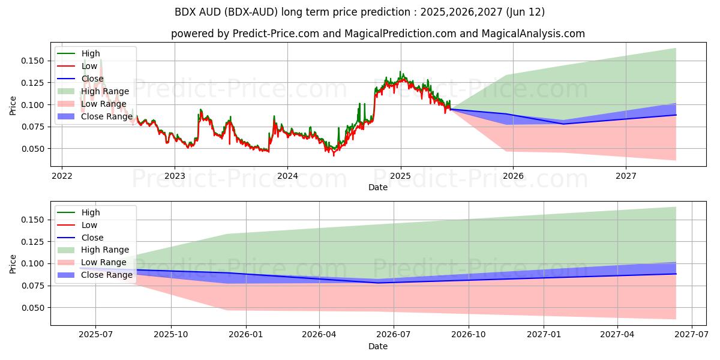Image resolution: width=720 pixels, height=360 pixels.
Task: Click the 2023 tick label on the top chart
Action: coord(175,176)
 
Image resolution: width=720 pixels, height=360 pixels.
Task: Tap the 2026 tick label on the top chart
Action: coord(513,176)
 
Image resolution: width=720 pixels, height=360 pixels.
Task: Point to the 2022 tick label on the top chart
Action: coord(62,176)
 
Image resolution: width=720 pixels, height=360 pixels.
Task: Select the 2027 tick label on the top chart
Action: coord(626,176)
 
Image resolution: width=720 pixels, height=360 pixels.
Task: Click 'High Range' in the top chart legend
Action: coord(105,91)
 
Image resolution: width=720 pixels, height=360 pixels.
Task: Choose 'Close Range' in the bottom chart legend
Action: coord(107,275)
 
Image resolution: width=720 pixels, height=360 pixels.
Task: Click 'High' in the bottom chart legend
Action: coord(91,212)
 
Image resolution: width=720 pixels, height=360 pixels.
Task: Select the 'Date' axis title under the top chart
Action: coord(378,187)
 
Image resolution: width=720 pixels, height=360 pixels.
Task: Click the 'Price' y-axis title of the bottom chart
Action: coord(13,263)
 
